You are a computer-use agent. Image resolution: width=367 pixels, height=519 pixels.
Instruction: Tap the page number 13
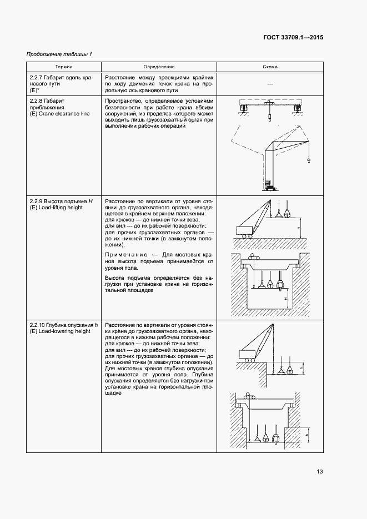point(320,472)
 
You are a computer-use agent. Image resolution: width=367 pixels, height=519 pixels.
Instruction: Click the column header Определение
point(159,67)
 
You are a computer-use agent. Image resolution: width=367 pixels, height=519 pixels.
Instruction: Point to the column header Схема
point(270,67)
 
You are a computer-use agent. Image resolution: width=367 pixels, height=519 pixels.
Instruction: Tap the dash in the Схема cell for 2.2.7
point(270,83)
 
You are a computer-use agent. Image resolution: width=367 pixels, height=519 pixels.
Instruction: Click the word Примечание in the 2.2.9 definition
point(122,255)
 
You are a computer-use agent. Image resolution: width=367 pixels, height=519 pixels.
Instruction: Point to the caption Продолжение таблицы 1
point(59,54)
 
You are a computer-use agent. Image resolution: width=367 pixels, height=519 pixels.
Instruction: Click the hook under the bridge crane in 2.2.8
point(269,118)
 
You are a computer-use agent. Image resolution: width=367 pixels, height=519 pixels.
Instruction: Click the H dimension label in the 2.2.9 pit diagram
point(285,298)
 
